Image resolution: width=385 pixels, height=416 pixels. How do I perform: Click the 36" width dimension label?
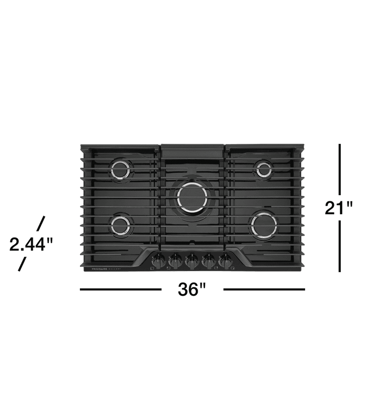192,290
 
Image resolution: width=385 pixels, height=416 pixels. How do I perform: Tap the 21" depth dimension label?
339,207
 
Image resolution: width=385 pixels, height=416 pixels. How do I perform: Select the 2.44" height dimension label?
31,244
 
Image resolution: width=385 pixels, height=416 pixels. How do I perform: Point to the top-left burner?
121,170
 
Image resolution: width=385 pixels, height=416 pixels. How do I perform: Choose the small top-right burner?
264,169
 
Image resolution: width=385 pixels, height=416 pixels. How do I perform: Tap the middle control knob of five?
192,261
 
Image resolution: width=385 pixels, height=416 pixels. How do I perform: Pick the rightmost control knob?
226,261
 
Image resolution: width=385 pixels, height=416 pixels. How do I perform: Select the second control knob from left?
175,261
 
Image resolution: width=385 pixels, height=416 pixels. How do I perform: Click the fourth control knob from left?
209,261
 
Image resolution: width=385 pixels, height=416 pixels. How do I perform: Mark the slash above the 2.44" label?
40,223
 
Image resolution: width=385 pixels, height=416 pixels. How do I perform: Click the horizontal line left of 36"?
120,289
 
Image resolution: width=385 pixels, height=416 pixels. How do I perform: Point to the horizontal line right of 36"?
264,289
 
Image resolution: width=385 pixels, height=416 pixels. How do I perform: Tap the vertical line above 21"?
340,169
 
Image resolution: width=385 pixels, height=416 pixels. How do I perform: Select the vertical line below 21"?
340,246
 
